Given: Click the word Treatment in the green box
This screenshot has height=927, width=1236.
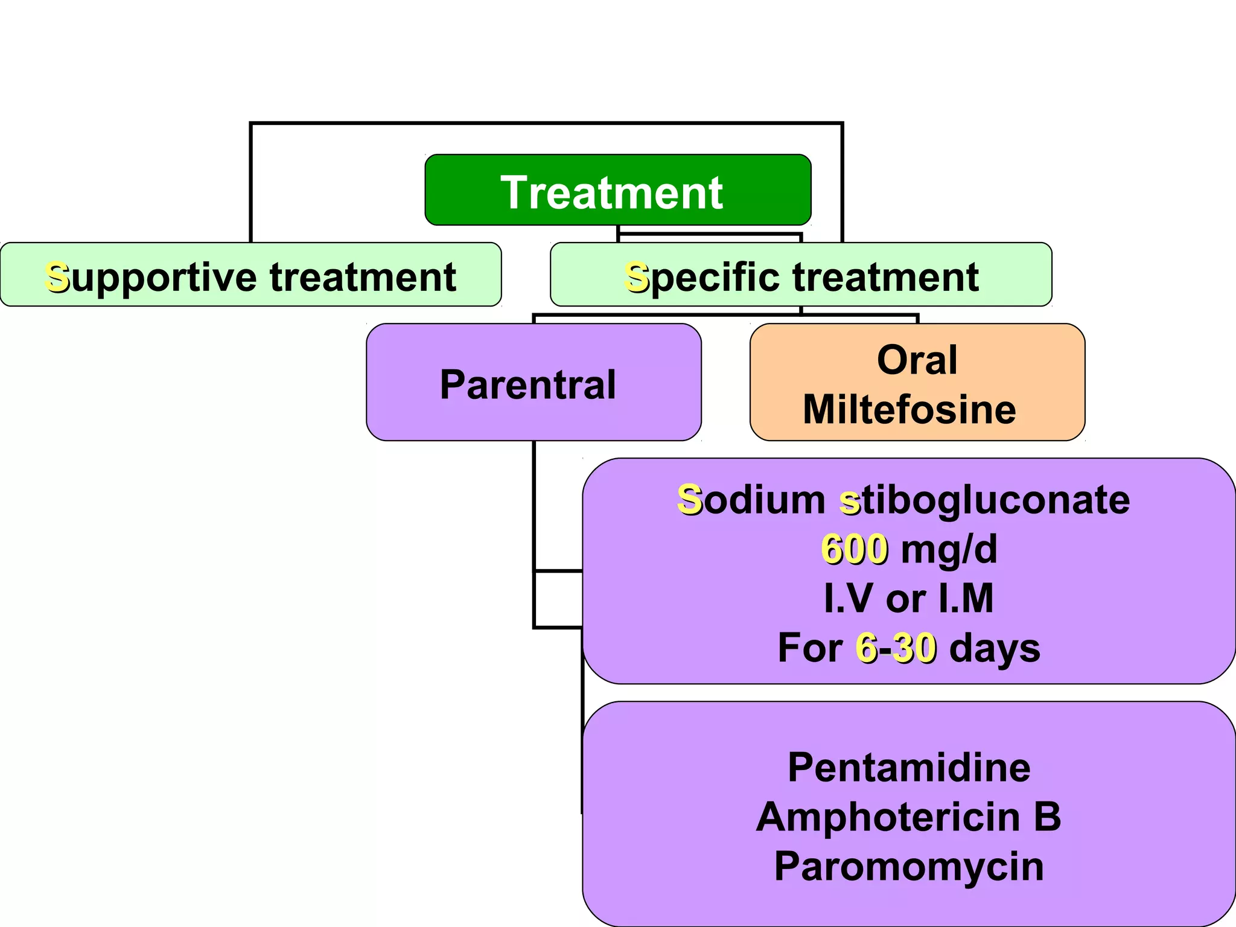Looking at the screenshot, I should coord(611,193).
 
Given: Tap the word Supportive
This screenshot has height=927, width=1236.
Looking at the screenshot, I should coord(151,278).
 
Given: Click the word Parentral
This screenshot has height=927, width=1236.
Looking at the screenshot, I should coord(528,384).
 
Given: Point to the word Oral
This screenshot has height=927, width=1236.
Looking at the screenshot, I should coord(917,360).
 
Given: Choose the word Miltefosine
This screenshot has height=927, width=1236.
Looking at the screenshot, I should coord(909,410).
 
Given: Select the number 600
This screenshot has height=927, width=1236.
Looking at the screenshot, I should coord(854,549).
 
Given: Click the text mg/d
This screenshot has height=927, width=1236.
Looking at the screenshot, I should coord(949,549).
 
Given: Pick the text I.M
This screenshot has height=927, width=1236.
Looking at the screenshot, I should coord(966,599).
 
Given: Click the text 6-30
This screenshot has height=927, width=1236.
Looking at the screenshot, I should coord(896,648).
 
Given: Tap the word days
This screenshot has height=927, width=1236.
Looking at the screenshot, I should coord(995,648).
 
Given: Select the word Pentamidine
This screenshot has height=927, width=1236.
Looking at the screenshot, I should coord(909,768).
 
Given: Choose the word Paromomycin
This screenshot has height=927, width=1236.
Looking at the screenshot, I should coord(909,867).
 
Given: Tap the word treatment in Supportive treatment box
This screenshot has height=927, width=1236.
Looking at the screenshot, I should coord(363,278).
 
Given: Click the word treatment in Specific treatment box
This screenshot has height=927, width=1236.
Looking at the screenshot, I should coord(885,278).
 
